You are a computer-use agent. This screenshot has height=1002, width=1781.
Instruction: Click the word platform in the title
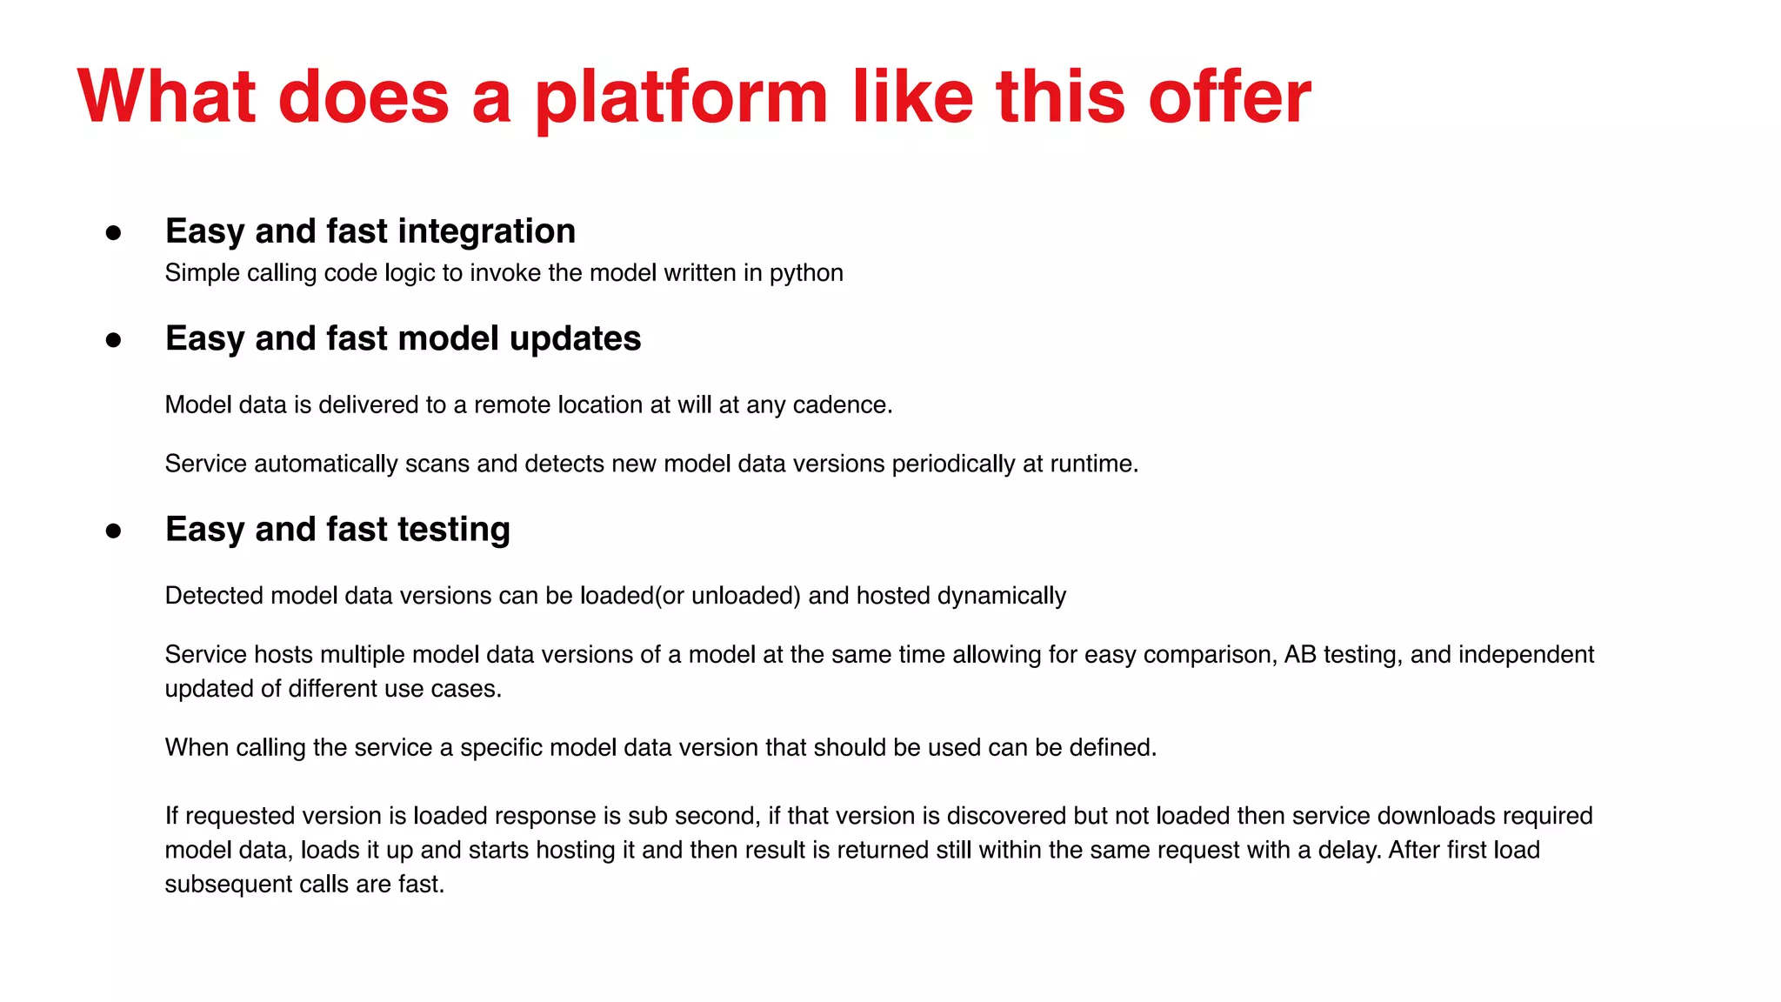click(681, 97)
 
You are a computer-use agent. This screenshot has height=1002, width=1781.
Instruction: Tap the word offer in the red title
click(1229, 97)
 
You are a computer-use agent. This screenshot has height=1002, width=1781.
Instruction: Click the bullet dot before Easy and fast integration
click(113, 232)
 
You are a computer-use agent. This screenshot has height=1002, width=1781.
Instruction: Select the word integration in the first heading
click(487, 231)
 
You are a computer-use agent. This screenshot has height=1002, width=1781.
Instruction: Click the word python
click(806, 273)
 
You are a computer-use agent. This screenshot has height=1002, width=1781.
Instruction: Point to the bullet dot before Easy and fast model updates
click(113, 339)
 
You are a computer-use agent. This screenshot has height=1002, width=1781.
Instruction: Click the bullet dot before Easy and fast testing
click(113, 531)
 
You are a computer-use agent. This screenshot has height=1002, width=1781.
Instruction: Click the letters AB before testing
click(1300, 654)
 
